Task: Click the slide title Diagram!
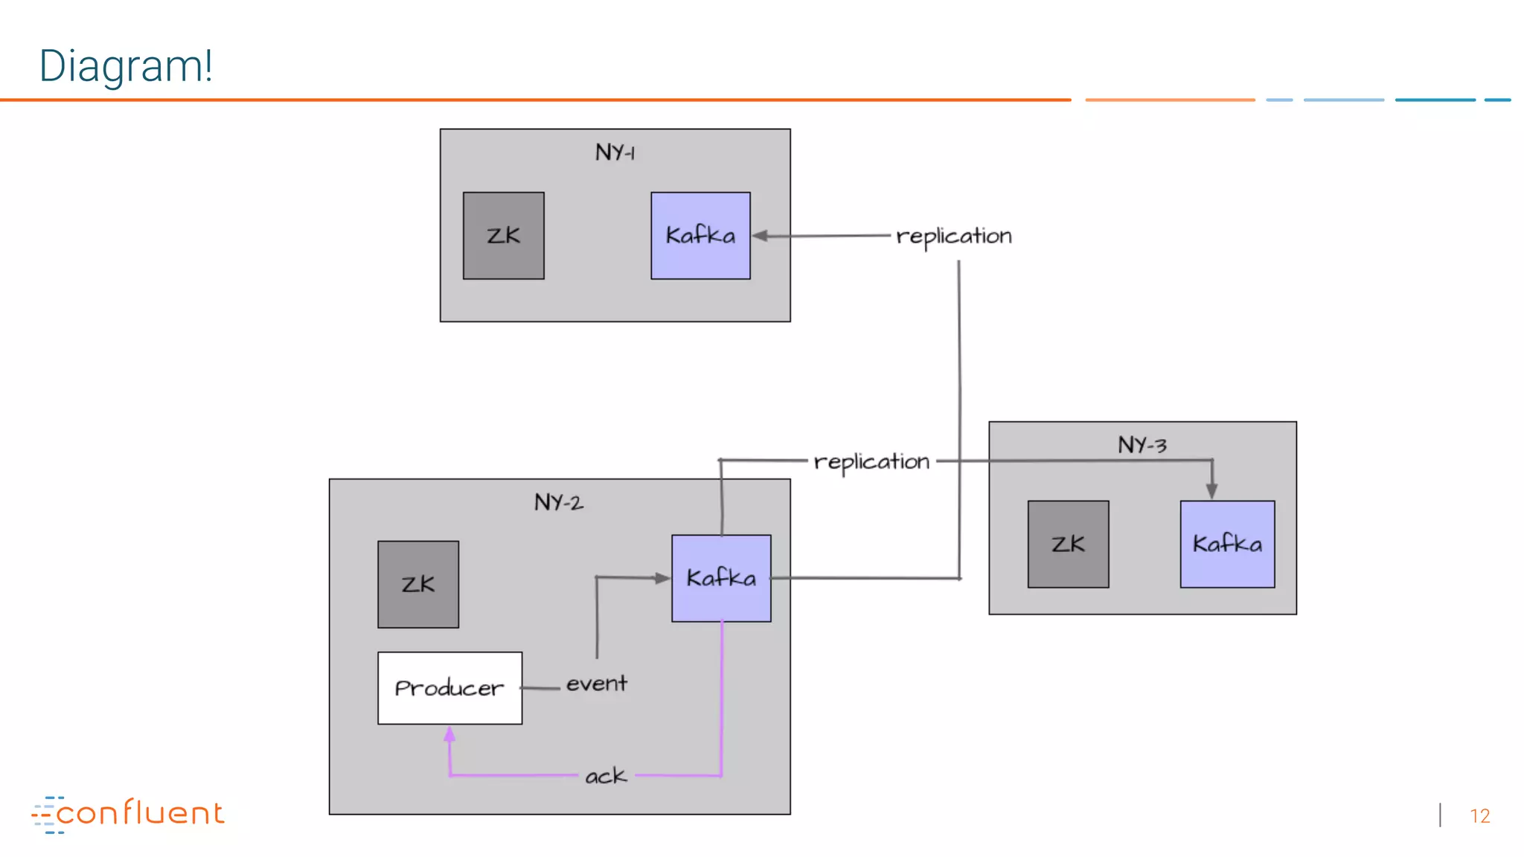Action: [126, 65]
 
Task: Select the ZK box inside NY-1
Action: [503, 236]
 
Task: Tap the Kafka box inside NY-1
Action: [700, 236]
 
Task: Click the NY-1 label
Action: [615, 153]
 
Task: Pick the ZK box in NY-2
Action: [418, 584]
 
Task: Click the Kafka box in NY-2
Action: [721, 578]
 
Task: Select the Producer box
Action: [449, 688]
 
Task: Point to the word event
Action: [597, 684]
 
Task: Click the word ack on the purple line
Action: [606, 776]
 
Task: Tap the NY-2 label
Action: [559, 502]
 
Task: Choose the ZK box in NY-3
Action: [1068, 544]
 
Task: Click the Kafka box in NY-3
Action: [1227, 544]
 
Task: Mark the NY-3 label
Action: [1142, 445]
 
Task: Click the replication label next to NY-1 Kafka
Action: [954, 237]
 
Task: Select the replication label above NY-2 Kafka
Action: [871, 462]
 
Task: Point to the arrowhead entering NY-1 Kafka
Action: [761, 236]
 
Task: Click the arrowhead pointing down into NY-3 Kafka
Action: [1211, 491]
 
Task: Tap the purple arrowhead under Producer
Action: [449, 735]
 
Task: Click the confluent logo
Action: [128, 814]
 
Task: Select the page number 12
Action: [1479, 816]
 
